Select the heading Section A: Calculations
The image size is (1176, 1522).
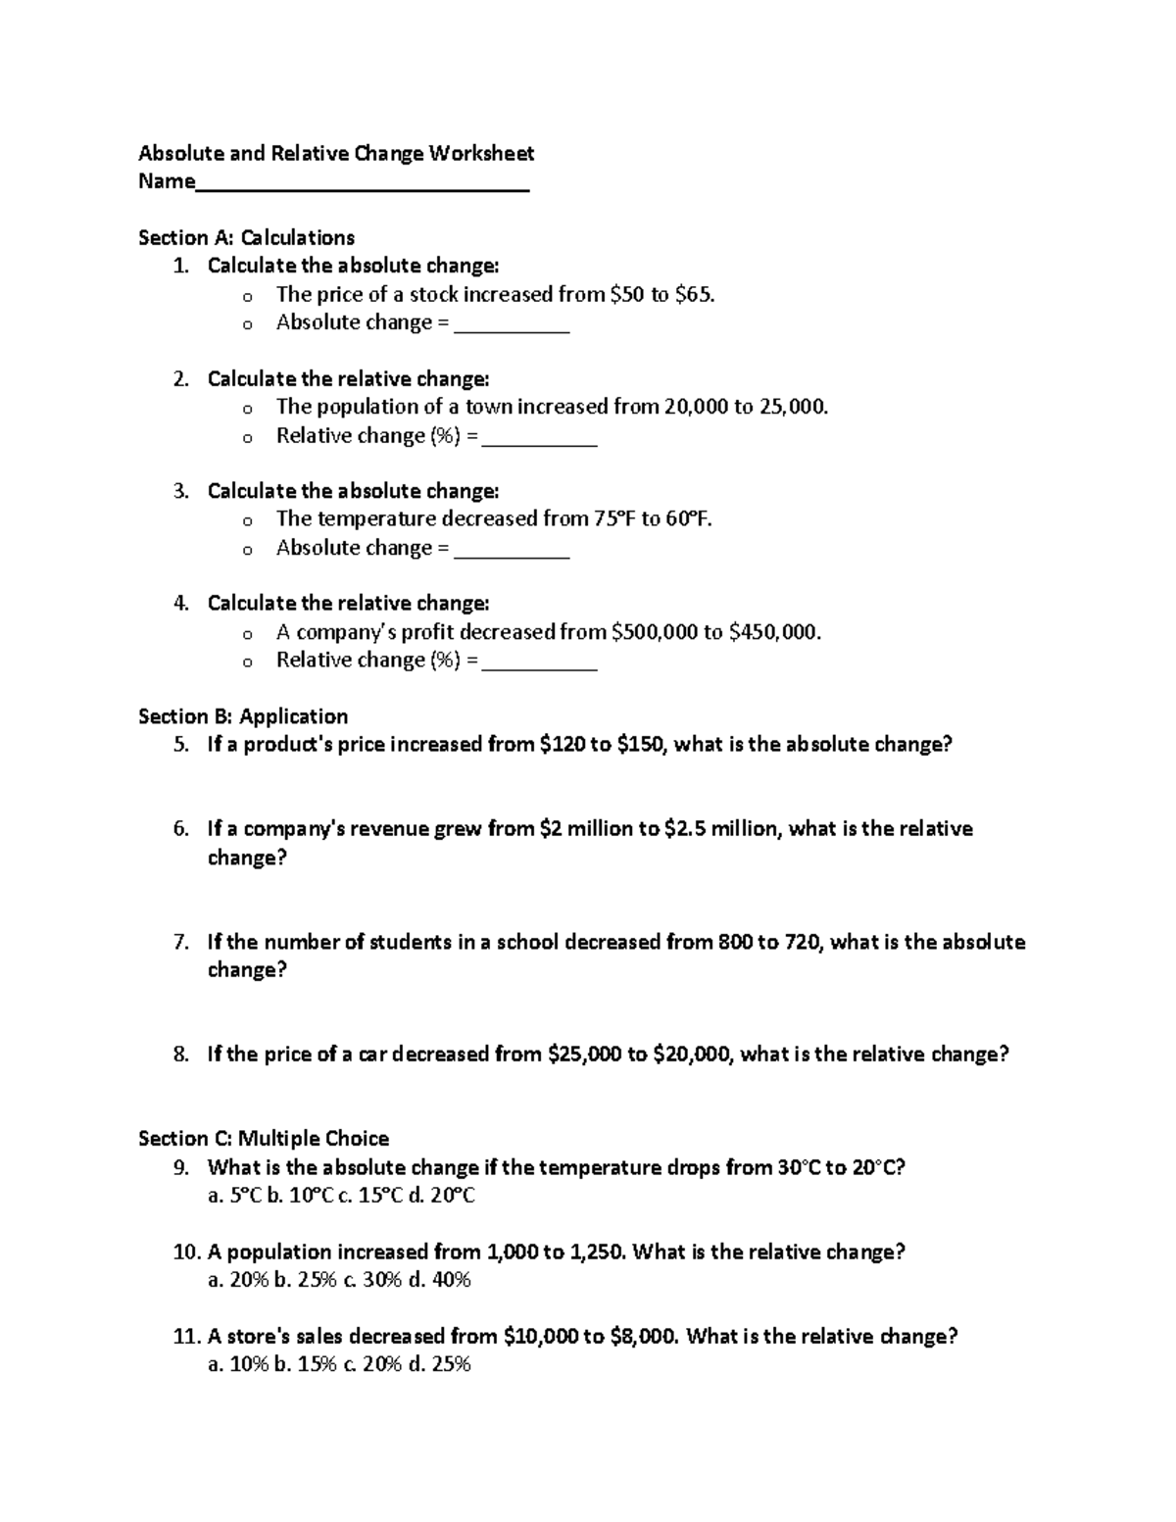pyautogui.click(x=246, y=237)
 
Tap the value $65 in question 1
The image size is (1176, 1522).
pyautogui.click(x=694, y=294)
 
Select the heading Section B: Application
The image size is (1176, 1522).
pyautogui.click(x=243, y=716)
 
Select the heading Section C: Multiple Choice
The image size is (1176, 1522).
pyautogui.click(x=264, y=1138)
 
